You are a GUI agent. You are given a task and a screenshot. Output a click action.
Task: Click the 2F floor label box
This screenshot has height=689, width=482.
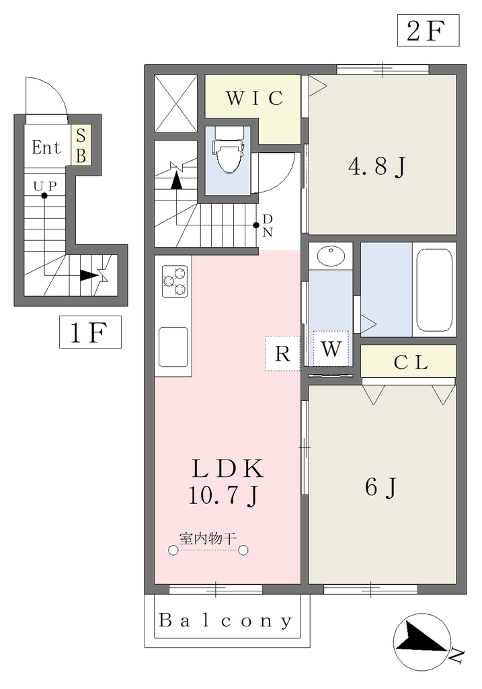coord(428,30)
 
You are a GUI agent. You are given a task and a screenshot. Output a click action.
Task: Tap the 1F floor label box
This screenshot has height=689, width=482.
coord(91,332)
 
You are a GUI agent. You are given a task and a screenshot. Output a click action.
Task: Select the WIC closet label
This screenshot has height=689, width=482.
coord(254,98)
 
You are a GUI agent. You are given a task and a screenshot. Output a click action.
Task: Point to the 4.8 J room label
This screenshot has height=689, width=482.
coord(377,168)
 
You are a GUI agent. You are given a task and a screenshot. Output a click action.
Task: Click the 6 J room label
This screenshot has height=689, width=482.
coord(381,488)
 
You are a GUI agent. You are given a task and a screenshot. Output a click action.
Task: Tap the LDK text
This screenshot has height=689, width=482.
coord(228,468)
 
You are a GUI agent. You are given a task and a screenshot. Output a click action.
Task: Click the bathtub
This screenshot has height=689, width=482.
coord(434,290)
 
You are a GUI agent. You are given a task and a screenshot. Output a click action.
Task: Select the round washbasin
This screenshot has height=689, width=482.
coord(331,256)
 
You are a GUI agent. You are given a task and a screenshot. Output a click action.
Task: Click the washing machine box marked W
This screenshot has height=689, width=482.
coord(331,348)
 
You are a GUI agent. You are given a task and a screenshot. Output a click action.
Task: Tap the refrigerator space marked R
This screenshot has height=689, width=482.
coord(283,353)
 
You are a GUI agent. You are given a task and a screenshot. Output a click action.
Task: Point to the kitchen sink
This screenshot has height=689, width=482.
coord(173,347)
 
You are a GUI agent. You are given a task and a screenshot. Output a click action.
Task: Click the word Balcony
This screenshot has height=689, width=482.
coord(225,621)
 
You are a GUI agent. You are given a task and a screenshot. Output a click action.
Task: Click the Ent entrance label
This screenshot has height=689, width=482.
coord(46,147)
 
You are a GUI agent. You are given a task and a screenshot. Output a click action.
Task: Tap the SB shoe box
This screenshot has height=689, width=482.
coord(81,146)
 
